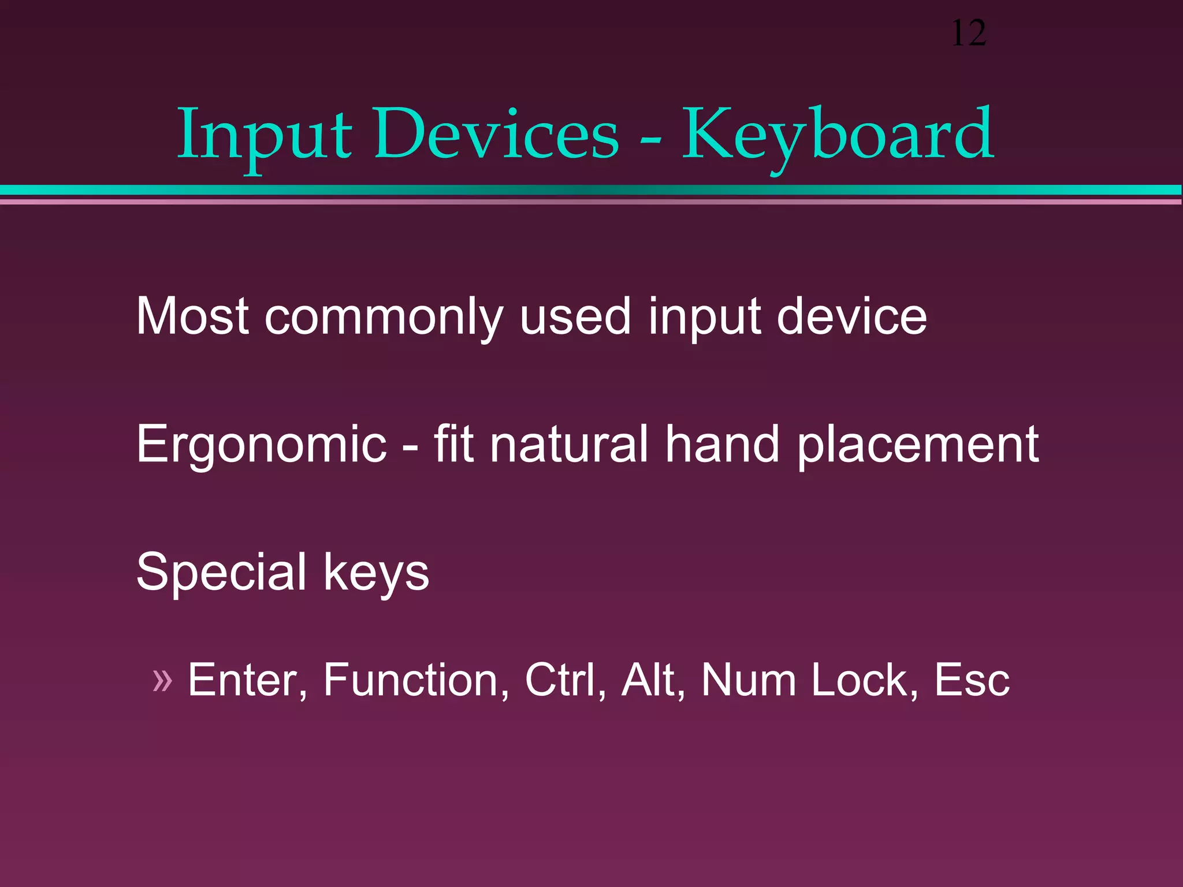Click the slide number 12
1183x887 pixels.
[968, 33]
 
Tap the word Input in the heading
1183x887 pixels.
[264, 136]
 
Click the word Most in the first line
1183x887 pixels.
[192, 316]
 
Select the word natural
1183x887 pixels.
[568, 443]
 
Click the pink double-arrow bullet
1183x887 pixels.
[162, 680]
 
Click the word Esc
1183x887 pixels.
[972, 680]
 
